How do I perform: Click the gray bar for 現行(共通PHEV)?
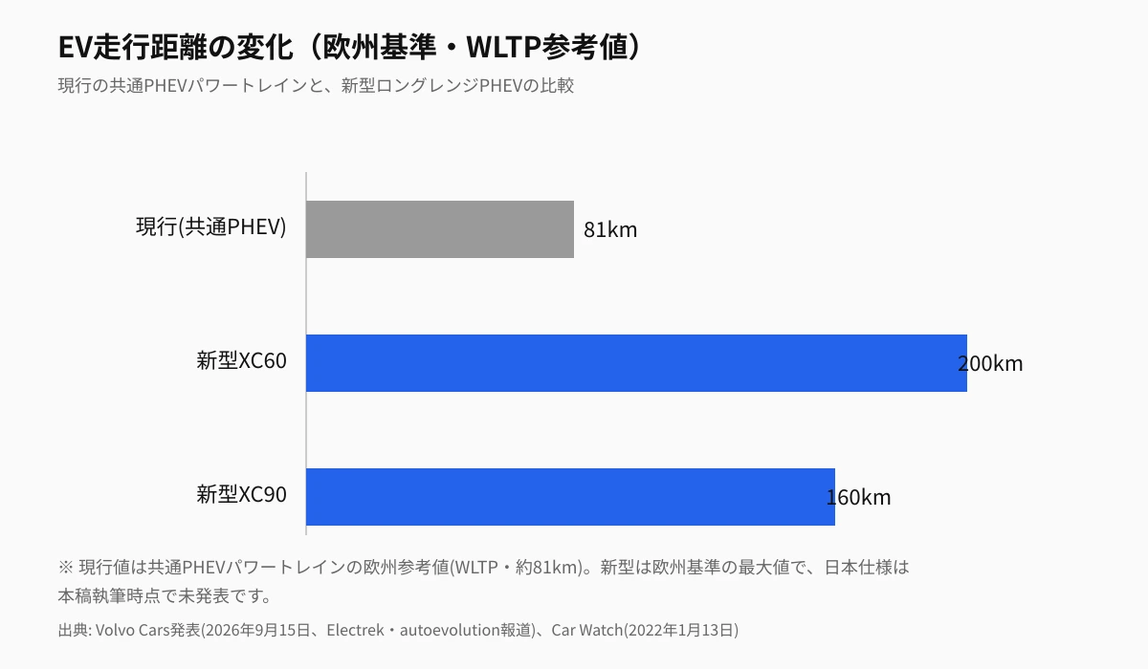tap(440, 229)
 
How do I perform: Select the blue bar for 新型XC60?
tap(636, 363)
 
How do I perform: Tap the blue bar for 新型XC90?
tap(570, 497)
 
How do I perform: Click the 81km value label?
tap(610, 229)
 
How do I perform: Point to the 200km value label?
tap(990, 363)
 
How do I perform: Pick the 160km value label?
tap(858, 497)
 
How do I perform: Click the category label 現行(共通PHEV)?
tap(211, 227)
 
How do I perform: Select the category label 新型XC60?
tap(241, 361)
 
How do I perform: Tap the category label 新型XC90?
tap(241, 494)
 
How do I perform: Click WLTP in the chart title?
tap(503, 47)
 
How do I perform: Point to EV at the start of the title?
tap(75, 47)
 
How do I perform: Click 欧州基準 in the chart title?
tap(379, 47)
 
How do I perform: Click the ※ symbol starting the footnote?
tap(66, 567)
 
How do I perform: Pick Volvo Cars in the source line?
tap(132, 630)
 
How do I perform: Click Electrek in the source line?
tap(355, 630)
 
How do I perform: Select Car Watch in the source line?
tap(586, 630)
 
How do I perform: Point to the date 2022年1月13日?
tap(681, 630)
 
